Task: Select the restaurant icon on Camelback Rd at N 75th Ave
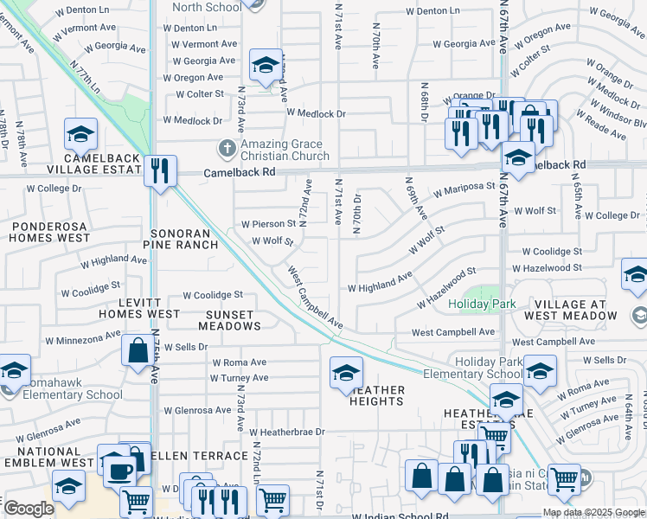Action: tap(159, 169)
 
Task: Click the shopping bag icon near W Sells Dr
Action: tap(138, 351)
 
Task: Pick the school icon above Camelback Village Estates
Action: tap(80, 134)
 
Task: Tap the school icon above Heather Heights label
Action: tap(346, 372)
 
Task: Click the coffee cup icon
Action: tap(120, 472)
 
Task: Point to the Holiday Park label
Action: tap(481, 304)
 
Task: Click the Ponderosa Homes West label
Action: tap(50, 231)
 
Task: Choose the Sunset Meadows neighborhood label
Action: tap(229, 320)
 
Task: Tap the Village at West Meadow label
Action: tap(575, 310)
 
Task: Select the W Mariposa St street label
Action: tap(464, 186)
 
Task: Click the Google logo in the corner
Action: tap(28, 509)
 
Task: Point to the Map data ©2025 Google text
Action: tap(593, 512)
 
